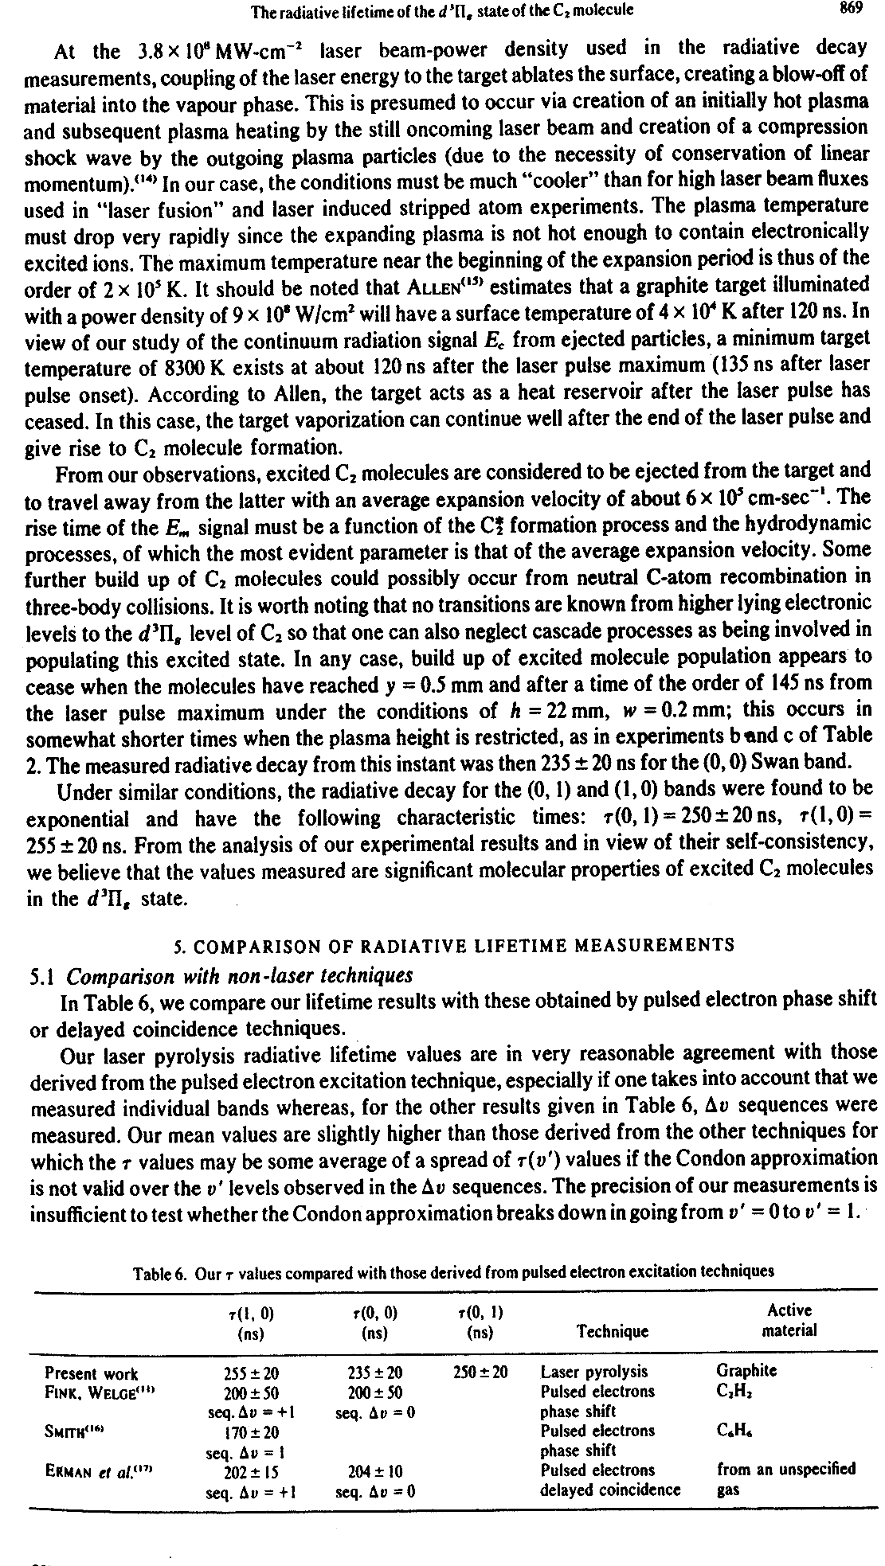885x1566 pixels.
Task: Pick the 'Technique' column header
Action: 612,1331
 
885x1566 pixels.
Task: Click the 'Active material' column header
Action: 789,1320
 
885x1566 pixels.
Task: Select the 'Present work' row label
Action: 91,1373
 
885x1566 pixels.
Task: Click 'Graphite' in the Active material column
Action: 746,1371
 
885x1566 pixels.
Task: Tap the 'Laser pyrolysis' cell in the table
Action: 593,1372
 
